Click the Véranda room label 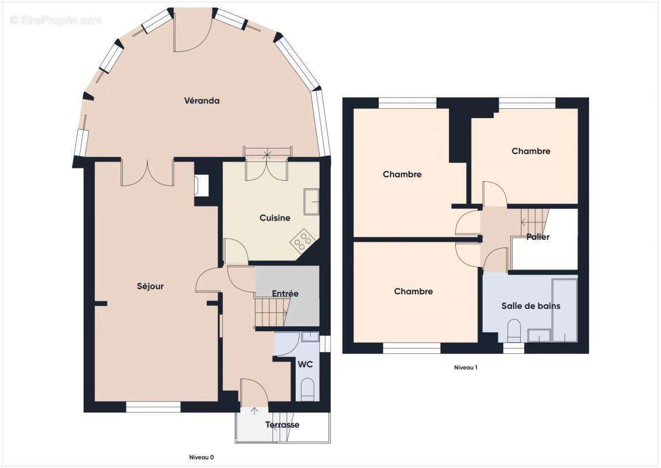[202, 101]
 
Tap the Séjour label [150, 286]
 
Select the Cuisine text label [275, 218]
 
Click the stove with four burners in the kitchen [302, 240]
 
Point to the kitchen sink [311, 202]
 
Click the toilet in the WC [307, 387]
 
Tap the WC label [305, 364]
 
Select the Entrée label [285, 293]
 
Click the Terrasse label [282, 425]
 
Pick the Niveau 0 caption [201, 457]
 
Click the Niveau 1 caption [466, 367]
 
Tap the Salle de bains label [531, 305]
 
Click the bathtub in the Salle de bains [565, 310]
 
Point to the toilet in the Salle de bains [514, 331]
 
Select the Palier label [537, 237]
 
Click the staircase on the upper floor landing [533, 221]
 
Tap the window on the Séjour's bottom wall [153, 407]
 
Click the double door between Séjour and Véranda [147, 171]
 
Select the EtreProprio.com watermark [56, 20]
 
